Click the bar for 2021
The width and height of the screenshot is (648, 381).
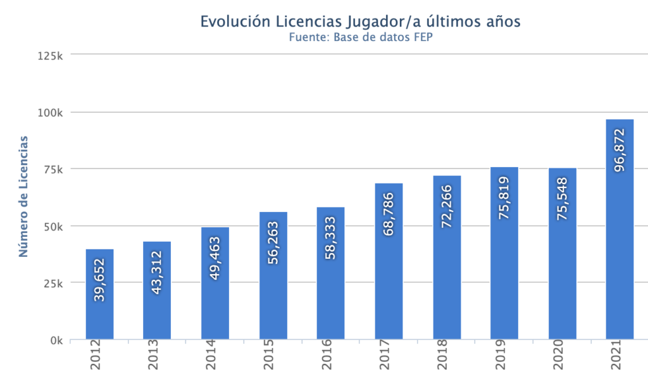[x=619, y=253]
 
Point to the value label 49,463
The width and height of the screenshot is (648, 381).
[x=215, y=258]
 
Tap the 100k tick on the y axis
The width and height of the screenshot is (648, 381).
[x=50, y=113]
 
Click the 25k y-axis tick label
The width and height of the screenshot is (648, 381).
[x=53, y=284]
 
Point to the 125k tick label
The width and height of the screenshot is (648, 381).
[x=50, y=56]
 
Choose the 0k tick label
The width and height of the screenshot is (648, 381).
[x=56, y=340]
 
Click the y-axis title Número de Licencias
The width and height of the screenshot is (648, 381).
[x=24, y=196]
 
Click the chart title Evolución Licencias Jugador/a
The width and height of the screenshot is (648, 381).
[x=360, y=21]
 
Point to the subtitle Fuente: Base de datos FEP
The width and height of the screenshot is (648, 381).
[x=360, y=37]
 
